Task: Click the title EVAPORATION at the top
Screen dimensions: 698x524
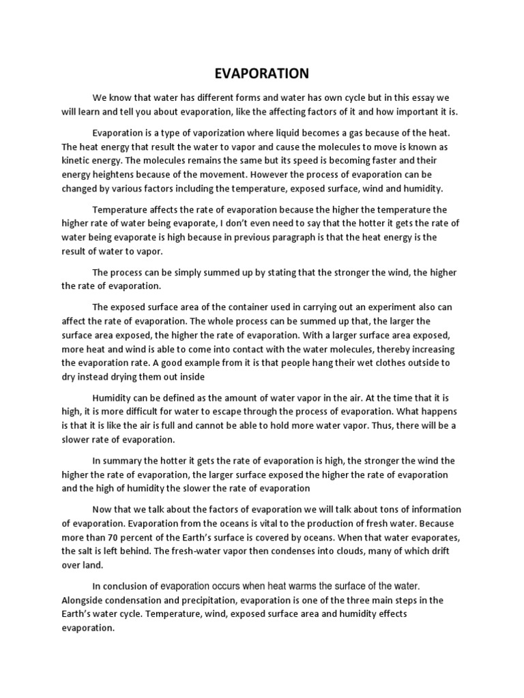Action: click(262, 72)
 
